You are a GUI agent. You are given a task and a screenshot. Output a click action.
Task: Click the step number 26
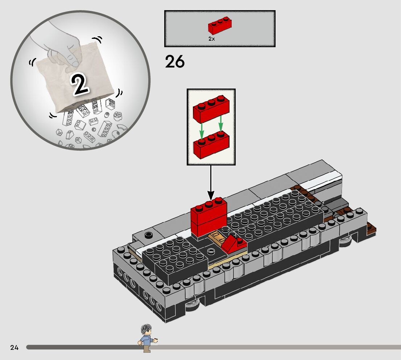tap(175, 62)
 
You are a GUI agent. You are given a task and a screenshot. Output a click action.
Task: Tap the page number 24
tap(14, 348)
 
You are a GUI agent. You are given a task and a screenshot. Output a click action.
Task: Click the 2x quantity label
tap(212, 38)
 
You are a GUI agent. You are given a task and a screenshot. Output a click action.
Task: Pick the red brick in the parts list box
tap(220, 26)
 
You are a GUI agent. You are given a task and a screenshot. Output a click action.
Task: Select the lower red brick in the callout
tap(212, 145)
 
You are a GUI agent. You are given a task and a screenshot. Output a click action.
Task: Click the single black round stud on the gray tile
tap(148, 235)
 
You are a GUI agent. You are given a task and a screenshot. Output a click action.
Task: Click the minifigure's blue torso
tap(146, 341)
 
